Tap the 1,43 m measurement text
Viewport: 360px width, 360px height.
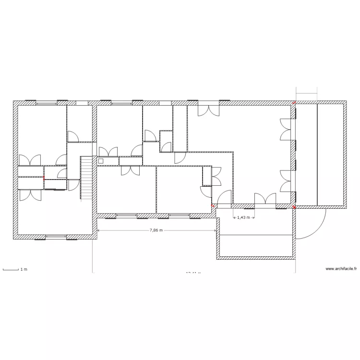(243, 217)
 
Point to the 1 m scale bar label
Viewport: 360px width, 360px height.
(24, 270)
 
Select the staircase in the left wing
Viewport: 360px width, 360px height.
(85, 178)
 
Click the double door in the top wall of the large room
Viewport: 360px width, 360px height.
(208, 110)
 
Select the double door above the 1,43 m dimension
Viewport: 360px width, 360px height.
(265, 199)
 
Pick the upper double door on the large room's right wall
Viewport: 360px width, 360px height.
(286, 130)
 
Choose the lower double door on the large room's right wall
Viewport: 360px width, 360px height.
(286, 180)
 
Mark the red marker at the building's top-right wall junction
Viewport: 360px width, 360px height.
(294, 102)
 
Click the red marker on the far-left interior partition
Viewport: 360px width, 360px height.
(44, 178)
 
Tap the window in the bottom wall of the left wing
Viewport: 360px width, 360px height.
(56, 237)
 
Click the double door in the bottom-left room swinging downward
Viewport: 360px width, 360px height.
(30, 194)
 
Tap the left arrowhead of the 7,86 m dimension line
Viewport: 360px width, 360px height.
(98, 231)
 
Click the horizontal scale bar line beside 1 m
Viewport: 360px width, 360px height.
(10, 270)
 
